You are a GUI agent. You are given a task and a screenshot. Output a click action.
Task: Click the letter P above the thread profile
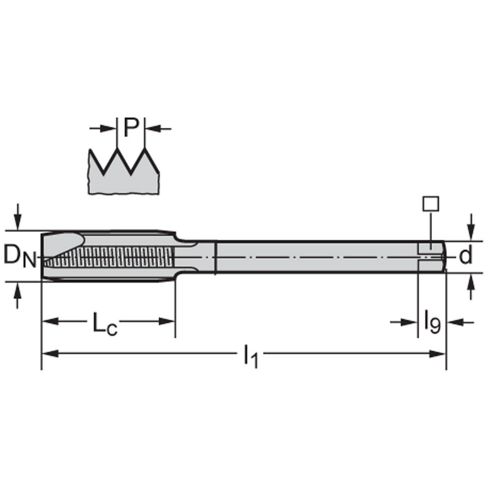pyautogui.click(x=131, y=128)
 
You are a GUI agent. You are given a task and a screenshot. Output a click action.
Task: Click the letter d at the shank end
pyautogui.click(x=466, y=256)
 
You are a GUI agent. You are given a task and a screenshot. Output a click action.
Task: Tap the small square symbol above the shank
pyautogui.click(x=431, y=203)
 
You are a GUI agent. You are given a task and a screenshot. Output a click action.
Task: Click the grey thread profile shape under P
pyautogui.click(x=123, y=180)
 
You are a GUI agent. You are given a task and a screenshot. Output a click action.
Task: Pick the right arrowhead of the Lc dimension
pyautogui.click(x=166, y=321)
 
